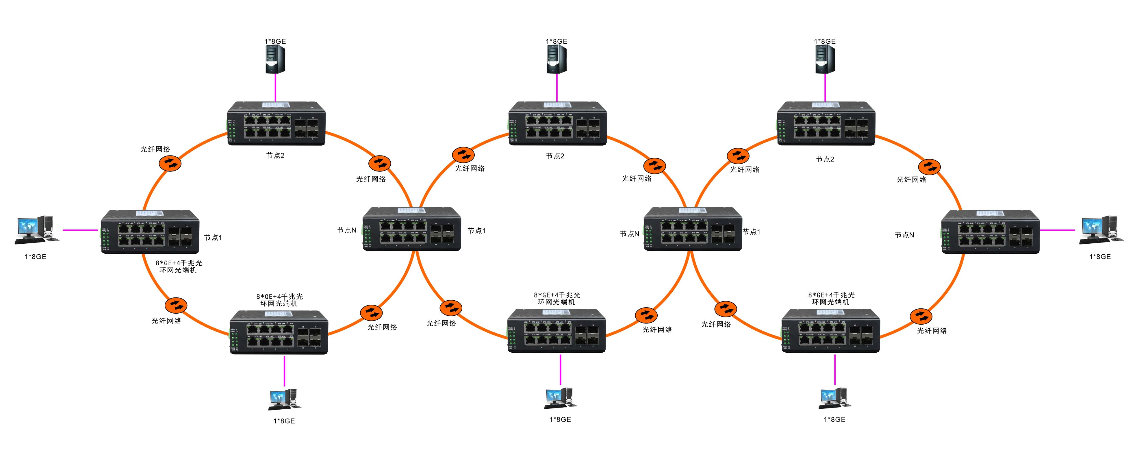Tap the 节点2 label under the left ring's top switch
coord(275,156)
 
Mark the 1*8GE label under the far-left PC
coord(35,256)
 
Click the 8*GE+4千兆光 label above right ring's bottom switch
coord(831,295)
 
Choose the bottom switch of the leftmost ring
coord(279,332)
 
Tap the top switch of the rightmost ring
coord(826,124)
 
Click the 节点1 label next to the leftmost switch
coord(213,238)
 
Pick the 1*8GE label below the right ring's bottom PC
coord(834,419)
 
